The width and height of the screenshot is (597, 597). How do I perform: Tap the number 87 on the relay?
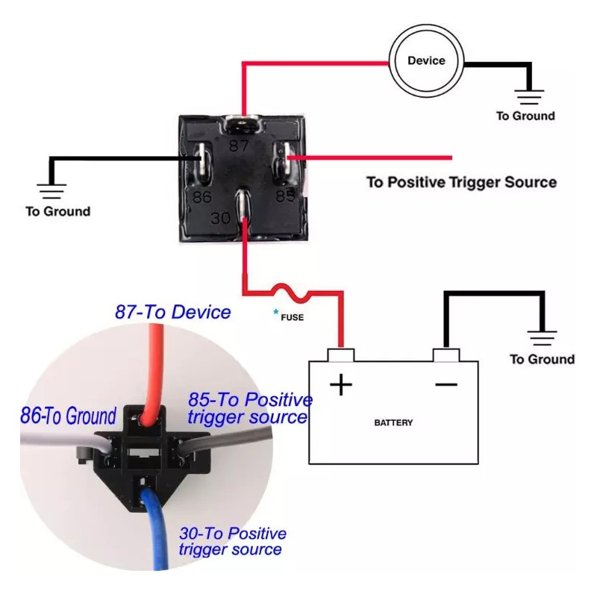(238, 146)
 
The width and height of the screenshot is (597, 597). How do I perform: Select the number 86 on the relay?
(201, 197)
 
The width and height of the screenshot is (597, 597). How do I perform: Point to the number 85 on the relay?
(285, 196)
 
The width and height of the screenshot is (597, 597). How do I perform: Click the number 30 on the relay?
(221, 218)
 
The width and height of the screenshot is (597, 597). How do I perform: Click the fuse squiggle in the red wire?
(291, 293)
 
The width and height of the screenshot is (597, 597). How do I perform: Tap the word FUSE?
(292, 318)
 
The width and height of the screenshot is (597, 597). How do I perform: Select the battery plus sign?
(341, 385)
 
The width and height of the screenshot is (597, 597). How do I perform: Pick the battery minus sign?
(446, 384)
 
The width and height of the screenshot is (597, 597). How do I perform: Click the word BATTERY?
(393, 422)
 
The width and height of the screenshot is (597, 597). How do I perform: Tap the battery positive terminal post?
(341, 355)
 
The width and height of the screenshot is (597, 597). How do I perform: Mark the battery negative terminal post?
(446, 355)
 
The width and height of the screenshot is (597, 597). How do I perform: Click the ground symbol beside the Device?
(529, 97)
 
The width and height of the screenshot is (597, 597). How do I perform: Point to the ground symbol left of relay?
(51, 192)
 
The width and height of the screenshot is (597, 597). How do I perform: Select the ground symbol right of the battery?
(542, 338)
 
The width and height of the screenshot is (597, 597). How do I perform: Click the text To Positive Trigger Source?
(461, 182)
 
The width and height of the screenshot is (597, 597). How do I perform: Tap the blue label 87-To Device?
(173, 312)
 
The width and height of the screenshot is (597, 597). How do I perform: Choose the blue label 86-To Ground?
(68, 416)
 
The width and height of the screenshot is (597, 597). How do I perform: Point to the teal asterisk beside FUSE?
(275, 313)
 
